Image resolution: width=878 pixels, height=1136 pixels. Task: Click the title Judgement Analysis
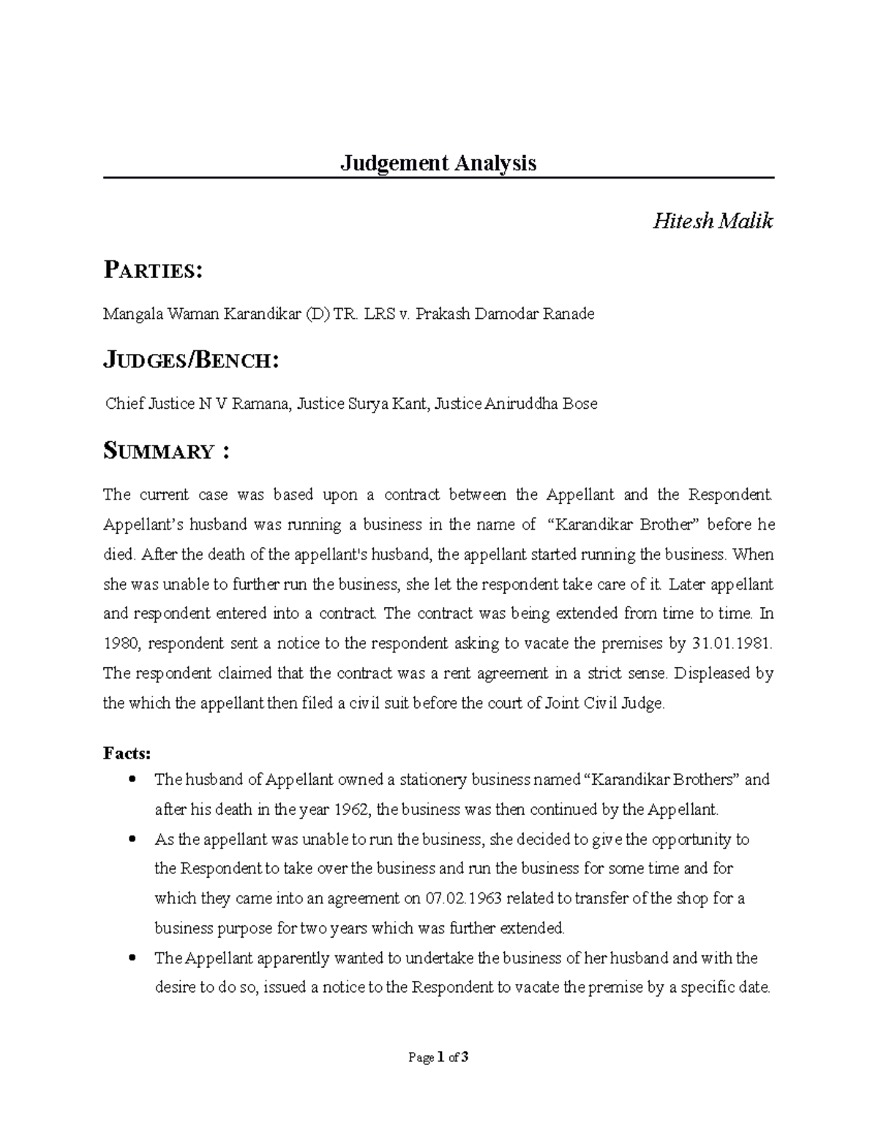[x=438, y=162]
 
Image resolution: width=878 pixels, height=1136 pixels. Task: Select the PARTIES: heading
[x=152, y=271]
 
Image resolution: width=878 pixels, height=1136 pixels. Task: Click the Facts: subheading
[x=127, y=753]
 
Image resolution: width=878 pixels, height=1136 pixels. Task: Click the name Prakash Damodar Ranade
[x=505, y=315]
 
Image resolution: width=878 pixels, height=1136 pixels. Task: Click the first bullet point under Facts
[x=132, y=780]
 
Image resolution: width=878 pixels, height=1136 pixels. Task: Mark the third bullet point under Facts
[x=132, y=958]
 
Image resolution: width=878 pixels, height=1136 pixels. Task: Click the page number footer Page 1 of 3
[x=438, y=1058]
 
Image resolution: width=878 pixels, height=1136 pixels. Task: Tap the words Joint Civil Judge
[x=604, y=704]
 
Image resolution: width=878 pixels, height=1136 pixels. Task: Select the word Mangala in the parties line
[x=132, y=315]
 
